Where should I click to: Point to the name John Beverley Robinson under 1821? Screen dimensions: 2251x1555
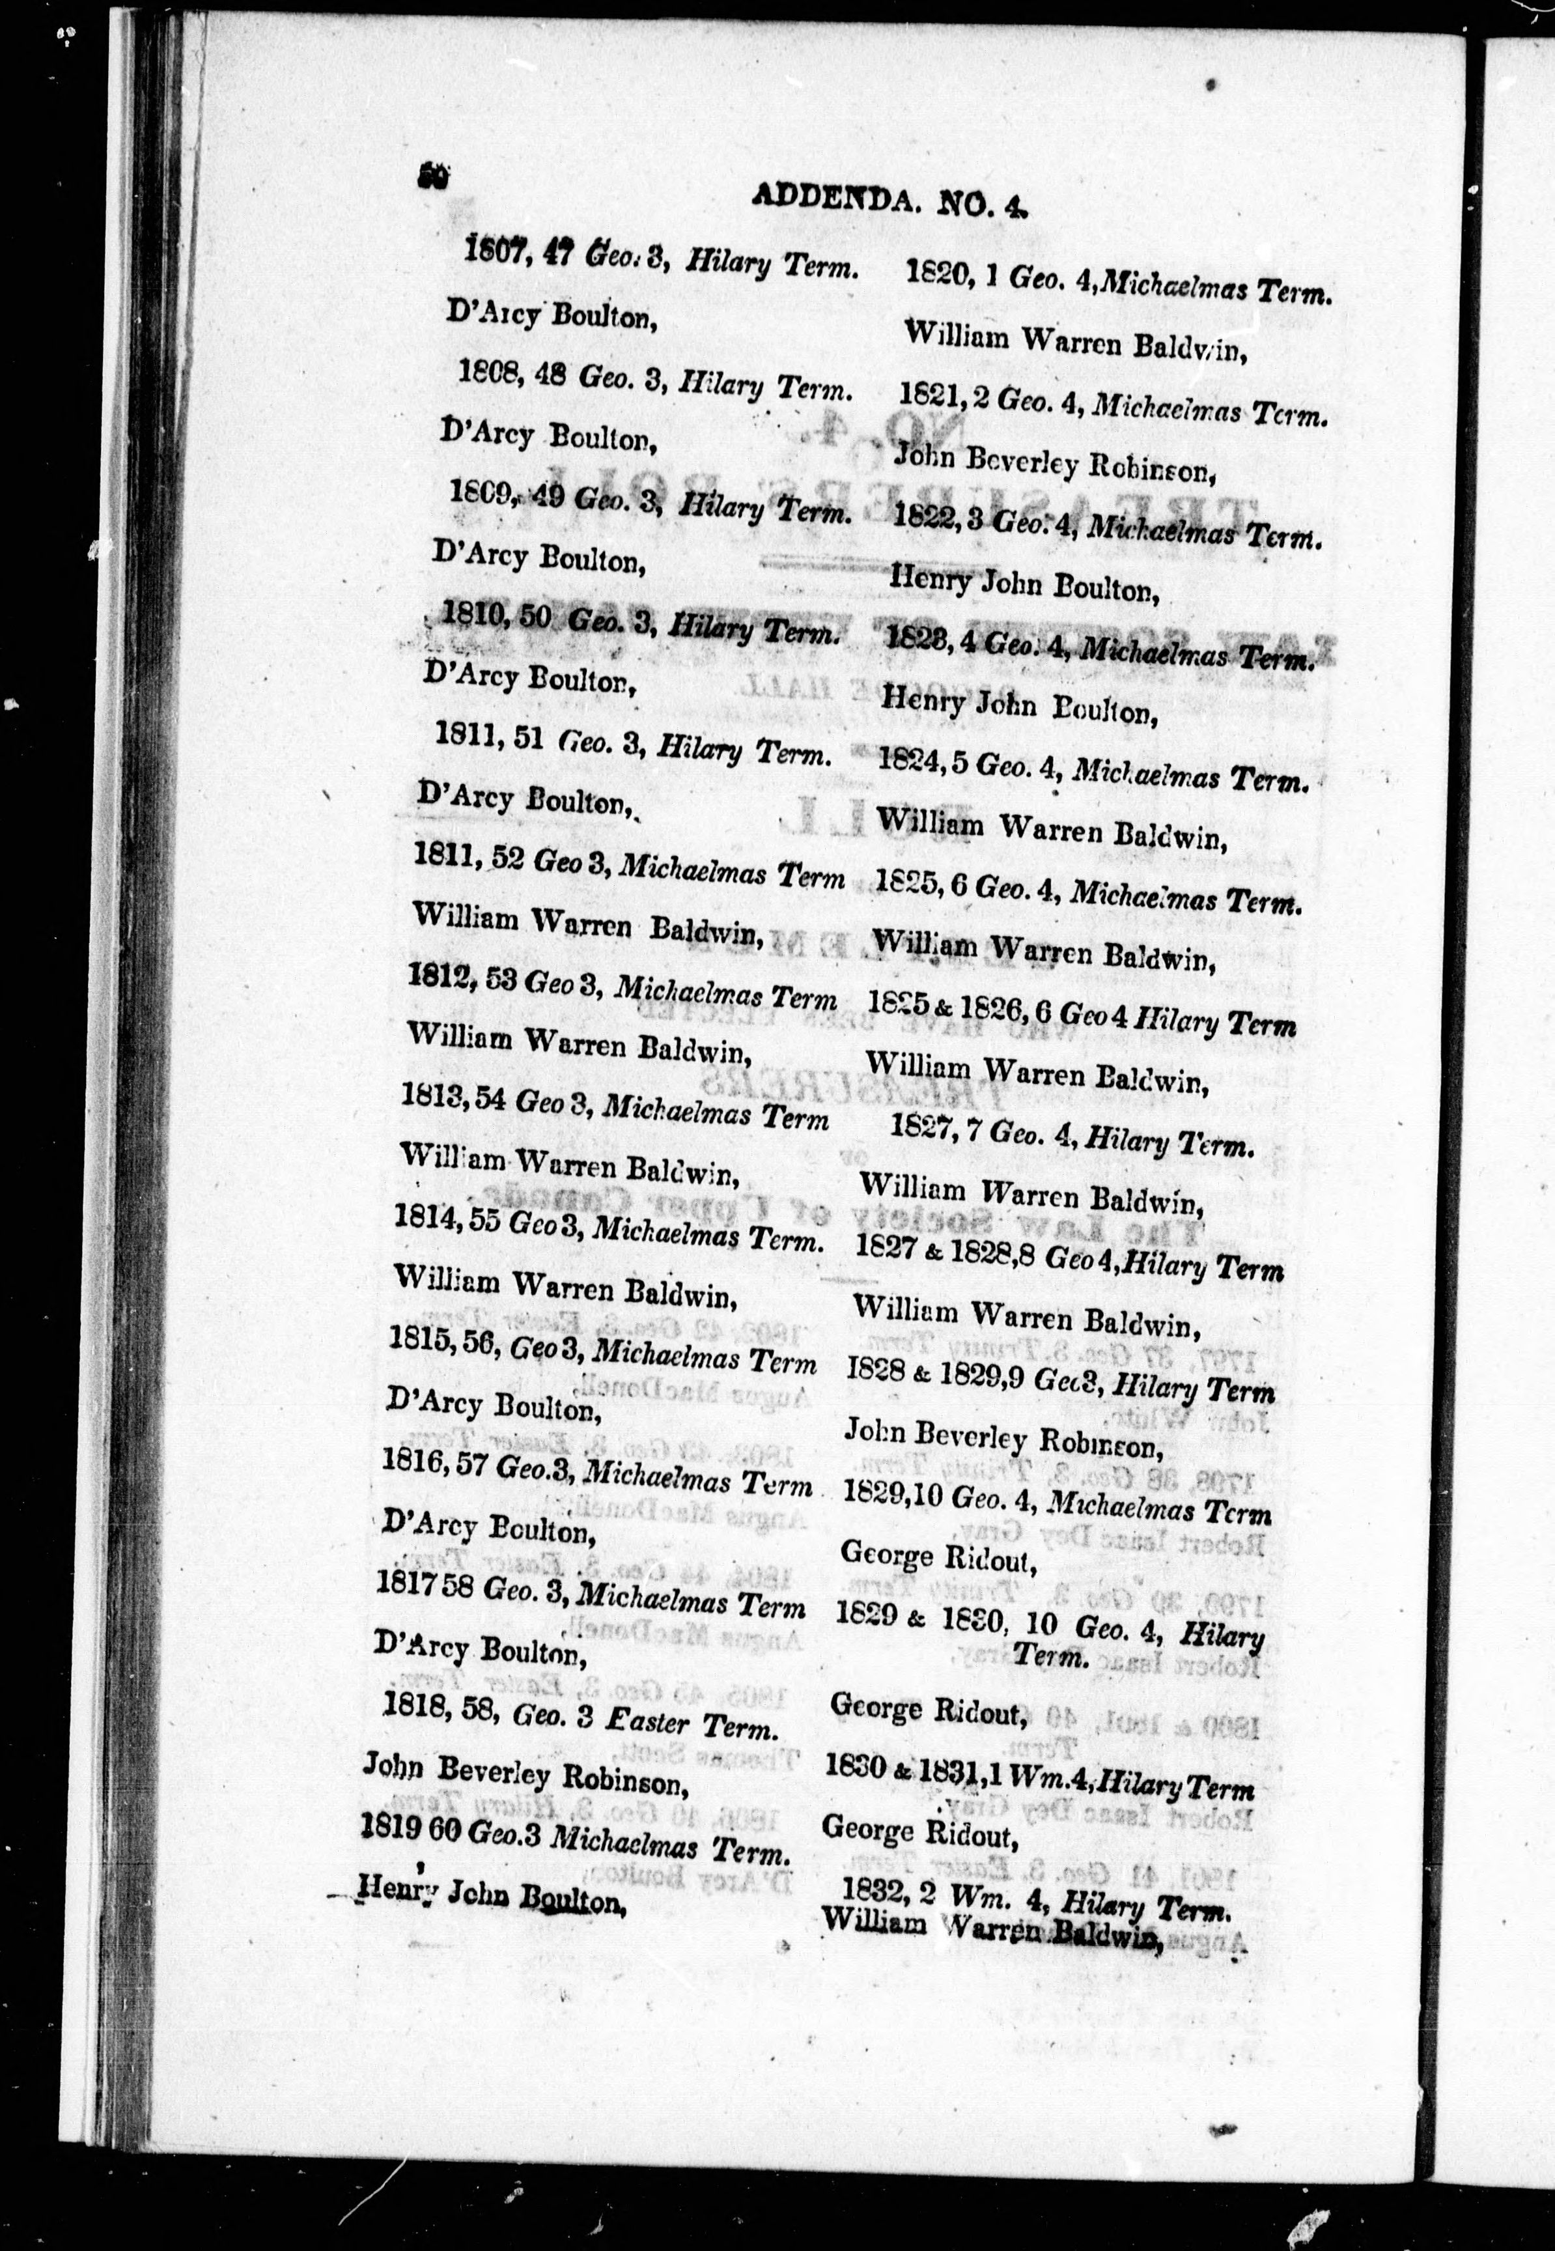pyautogui.click(x=1053, y=465)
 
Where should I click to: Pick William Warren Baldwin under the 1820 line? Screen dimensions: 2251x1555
pyautogui.click(x=1076, y=342)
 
